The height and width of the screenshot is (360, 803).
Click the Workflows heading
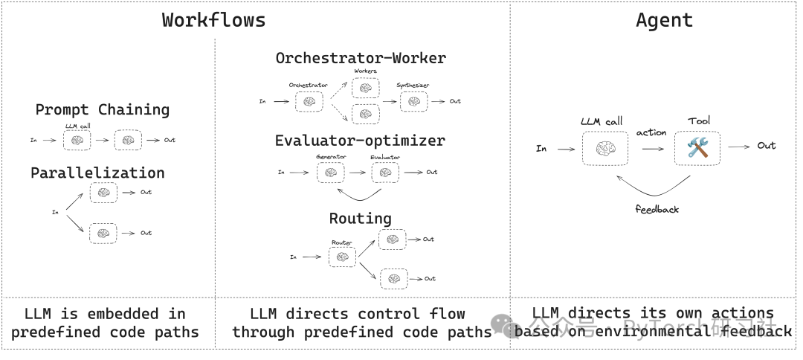[x=213, y=20]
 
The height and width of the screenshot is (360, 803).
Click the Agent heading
[x=664, y=20]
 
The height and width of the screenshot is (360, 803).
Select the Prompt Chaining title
[x=103, y=110]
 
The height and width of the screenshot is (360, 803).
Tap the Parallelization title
[x=97, y=173]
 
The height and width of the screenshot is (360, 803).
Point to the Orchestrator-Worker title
[x=361, y=58]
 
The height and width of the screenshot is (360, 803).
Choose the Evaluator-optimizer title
[x=360, y=141]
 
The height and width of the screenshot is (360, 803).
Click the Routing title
[x=360, y=219]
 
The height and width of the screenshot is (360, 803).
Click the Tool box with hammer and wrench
[x=697, y=147]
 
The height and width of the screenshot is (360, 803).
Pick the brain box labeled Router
[x=342, y=257]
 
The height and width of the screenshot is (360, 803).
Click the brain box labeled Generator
[x=331, y=173]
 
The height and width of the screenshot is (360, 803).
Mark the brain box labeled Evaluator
[x=384, y=173]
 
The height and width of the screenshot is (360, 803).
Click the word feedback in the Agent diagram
[x=657, y=210]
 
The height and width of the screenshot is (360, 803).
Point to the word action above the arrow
[x=651, y=132]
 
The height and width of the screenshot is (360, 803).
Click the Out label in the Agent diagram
[x=767, y=146]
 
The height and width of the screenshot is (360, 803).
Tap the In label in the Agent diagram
[x=541, y=149]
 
